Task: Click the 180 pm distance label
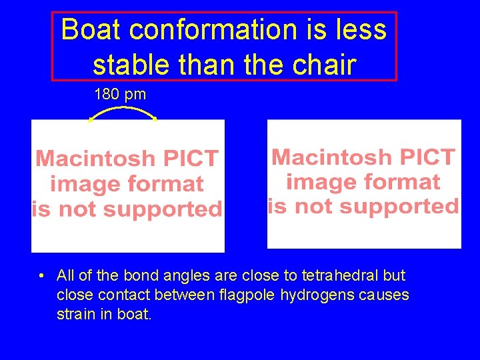tap(120, 95)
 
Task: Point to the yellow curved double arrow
tap(123, 113)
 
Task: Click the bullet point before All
tap(41, 276)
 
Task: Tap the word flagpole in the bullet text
tap(245, 295)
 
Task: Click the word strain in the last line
tap(75, 314)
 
